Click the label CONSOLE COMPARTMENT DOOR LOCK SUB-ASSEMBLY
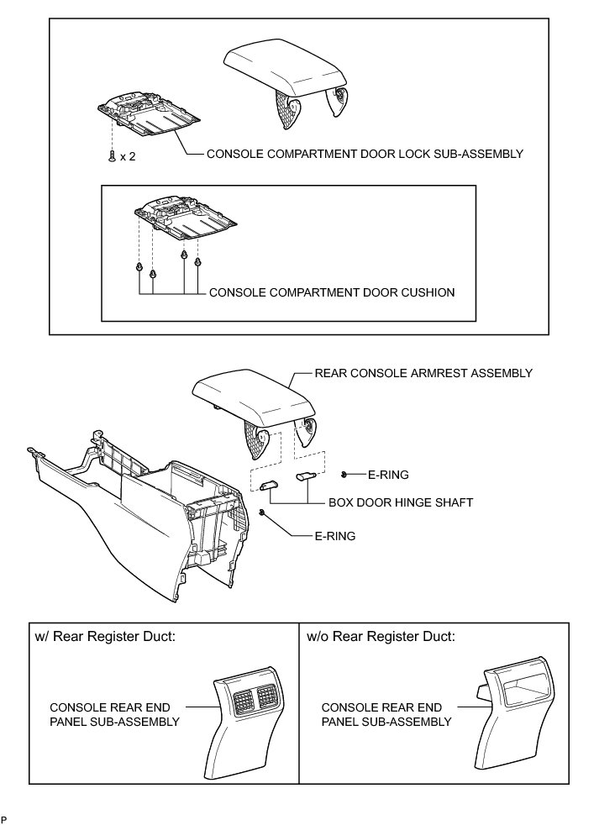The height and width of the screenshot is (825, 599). pos(365,154)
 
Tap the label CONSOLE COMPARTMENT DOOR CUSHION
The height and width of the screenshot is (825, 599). pos(331,293)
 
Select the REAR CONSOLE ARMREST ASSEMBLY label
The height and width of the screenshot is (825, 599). pos(423,373)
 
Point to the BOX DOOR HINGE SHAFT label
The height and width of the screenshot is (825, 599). pos(400,502)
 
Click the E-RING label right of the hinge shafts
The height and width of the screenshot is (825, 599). pos(388,475)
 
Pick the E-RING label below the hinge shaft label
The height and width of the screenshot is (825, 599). pos(334,535)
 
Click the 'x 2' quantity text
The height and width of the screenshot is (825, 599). pos(128,156)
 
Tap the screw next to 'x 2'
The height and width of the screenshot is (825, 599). pos(112,156)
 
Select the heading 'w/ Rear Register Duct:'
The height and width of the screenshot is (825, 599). pos(105,636)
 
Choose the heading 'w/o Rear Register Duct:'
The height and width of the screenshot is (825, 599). pos(381,636)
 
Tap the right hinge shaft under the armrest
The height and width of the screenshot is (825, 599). pos(305,476)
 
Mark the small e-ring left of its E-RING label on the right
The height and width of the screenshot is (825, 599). pos(344,475)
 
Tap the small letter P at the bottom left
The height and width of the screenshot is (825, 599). pos(4,817)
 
